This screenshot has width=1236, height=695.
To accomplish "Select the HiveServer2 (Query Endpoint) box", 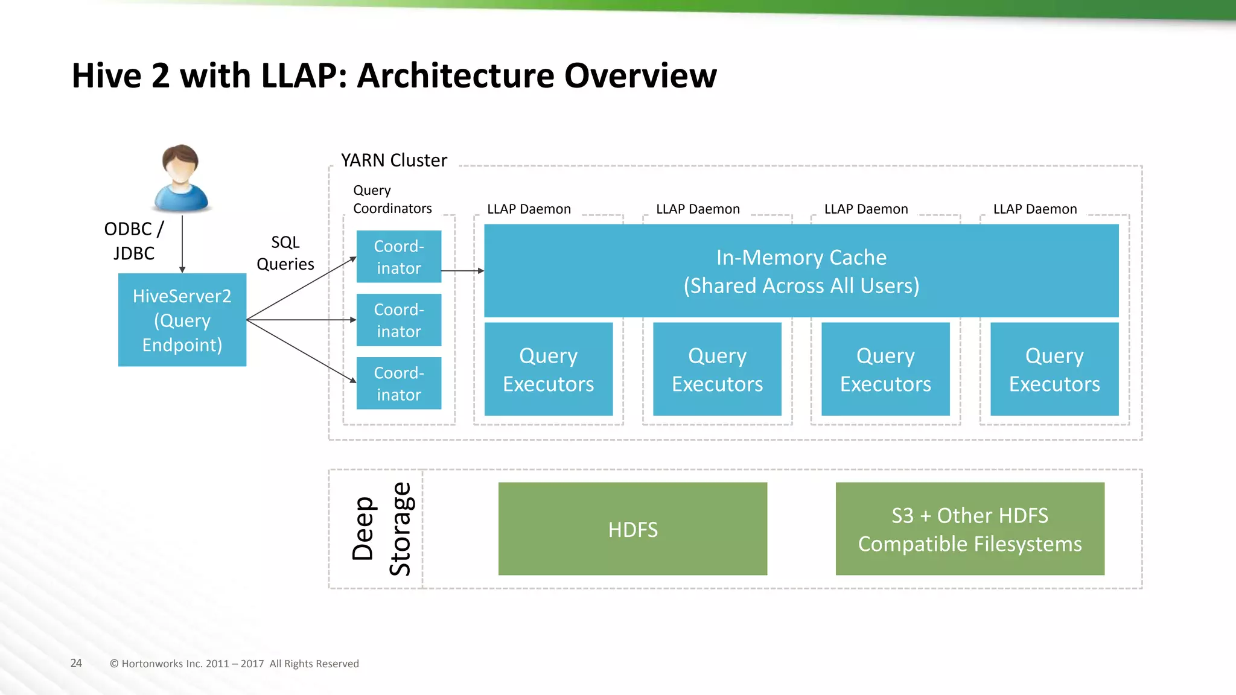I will pyautogui.click(x=182, y=320).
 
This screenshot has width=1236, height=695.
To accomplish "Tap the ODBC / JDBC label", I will pyautogui.click(x=134, y=241).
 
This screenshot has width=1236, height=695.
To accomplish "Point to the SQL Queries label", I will pyautogui.click(x=285, y=253).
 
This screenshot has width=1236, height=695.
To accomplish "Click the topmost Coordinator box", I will pyautogui.click(x=398, y=256).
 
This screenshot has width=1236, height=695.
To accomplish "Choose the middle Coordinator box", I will pyautogui.click(x=398, y=320).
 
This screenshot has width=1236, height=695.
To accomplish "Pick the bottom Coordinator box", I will pyautogui.click(x=398, y=383).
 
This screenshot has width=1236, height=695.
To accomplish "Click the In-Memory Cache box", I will pyautogui.click(x=801, y=271).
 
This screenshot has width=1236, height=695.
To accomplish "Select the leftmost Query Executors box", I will pyautogui.click(x=548, y=369).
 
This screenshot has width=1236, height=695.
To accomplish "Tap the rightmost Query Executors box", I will pyautogui.click(x=1054, y=369).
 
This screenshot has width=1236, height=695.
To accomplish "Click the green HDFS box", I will pyautogui.click(x=632, y=528).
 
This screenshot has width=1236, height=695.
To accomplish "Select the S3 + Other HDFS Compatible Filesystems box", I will pyautogui.click(x=970, y=528).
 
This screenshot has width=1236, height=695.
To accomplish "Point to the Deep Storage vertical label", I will pyautogui.click(x=381, y=528).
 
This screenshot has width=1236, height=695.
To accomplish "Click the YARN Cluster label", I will pyautogui.click(x=393, y=160).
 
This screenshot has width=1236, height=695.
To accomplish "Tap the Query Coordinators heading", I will pyautogui.click(x=392, y=199).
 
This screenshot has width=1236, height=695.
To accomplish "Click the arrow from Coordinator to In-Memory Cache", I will pyautogui.click(x=462, y=271).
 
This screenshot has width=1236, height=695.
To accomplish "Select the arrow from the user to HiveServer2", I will pyautogui.click(x=182, y=244).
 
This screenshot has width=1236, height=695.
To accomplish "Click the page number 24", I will pyautogui.click(x=76, y=663).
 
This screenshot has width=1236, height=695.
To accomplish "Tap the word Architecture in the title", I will pyautogui.click(x=456, y=76).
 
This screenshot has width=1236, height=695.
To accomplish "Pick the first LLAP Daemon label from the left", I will pyautogui.click(x=529, y=209).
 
